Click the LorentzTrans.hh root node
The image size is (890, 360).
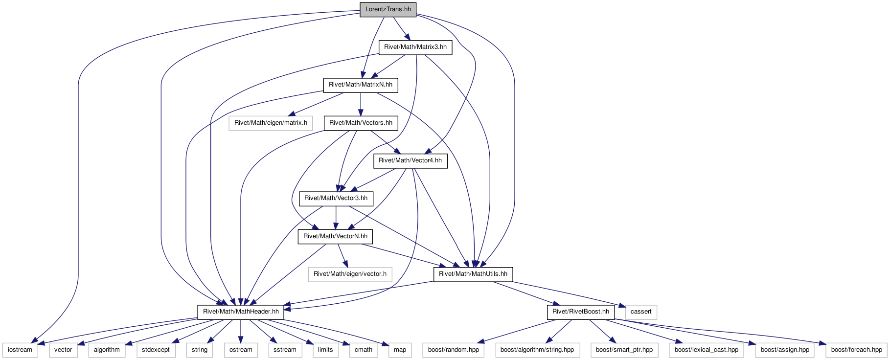click(x=388, y=9)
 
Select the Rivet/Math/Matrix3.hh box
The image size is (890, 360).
click(x=415, y=47)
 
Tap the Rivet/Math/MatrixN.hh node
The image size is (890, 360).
click(x=361, y=85)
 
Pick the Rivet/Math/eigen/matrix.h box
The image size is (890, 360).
click(x=271, y=123)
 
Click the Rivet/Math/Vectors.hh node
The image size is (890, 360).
click(x=361, y=123)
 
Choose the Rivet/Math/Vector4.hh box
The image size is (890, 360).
click(x=411, y=160)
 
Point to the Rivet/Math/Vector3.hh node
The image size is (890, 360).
click(x=336, y=198)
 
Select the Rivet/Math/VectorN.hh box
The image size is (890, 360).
click(x=336, y=236)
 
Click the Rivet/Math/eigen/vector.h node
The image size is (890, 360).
click(x=350, y=274)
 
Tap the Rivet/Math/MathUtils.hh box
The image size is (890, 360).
click(x=473, y=274)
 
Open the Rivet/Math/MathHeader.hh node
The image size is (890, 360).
click(x=241, y=312)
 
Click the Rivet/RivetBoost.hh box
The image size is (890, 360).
click(x=581, y=312)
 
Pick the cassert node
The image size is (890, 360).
click(x=641, y=312)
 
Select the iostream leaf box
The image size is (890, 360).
click(x=20, y=350)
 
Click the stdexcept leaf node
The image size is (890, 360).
click(x=156, y=350)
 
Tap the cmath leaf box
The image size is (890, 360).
click(x=364, y=350)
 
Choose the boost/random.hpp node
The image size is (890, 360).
click(x=454, y=350)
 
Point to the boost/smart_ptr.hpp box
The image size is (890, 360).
click(x=624, y=350)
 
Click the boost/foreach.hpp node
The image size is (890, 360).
click(x=857, y=350)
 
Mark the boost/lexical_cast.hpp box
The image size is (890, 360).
click(x=707, y=350)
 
